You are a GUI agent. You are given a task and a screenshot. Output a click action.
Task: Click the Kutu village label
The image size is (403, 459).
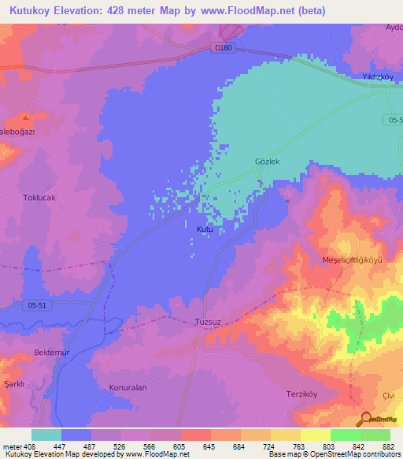(204, 229)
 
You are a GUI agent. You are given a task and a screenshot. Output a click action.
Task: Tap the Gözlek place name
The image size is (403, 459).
(268, 162)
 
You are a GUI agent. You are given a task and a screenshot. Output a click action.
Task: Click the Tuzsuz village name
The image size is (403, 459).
(208, 322)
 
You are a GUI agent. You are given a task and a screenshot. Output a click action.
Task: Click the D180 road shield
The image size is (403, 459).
(224, 49)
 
